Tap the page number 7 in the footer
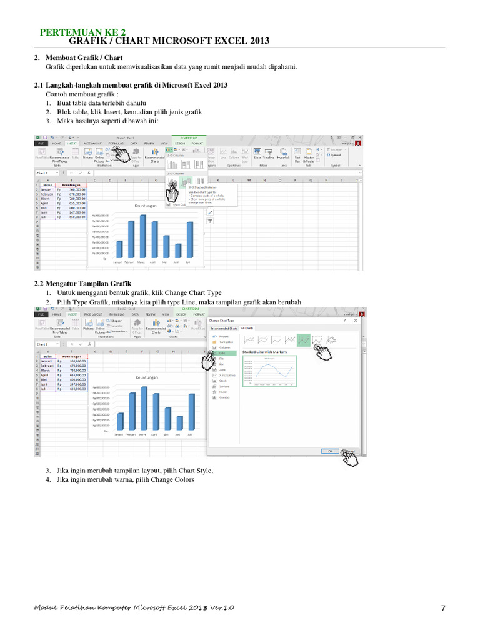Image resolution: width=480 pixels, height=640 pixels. (442, 607)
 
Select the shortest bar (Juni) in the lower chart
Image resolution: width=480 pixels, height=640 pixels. (179, 422)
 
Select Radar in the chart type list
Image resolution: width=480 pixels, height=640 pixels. (223, 391)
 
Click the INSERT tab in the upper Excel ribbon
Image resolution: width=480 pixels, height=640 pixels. (72, 142)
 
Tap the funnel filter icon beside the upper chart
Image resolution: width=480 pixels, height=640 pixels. (210, 221)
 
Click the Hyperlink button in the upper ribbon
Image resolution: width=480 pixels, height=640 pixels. (283, 157)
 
